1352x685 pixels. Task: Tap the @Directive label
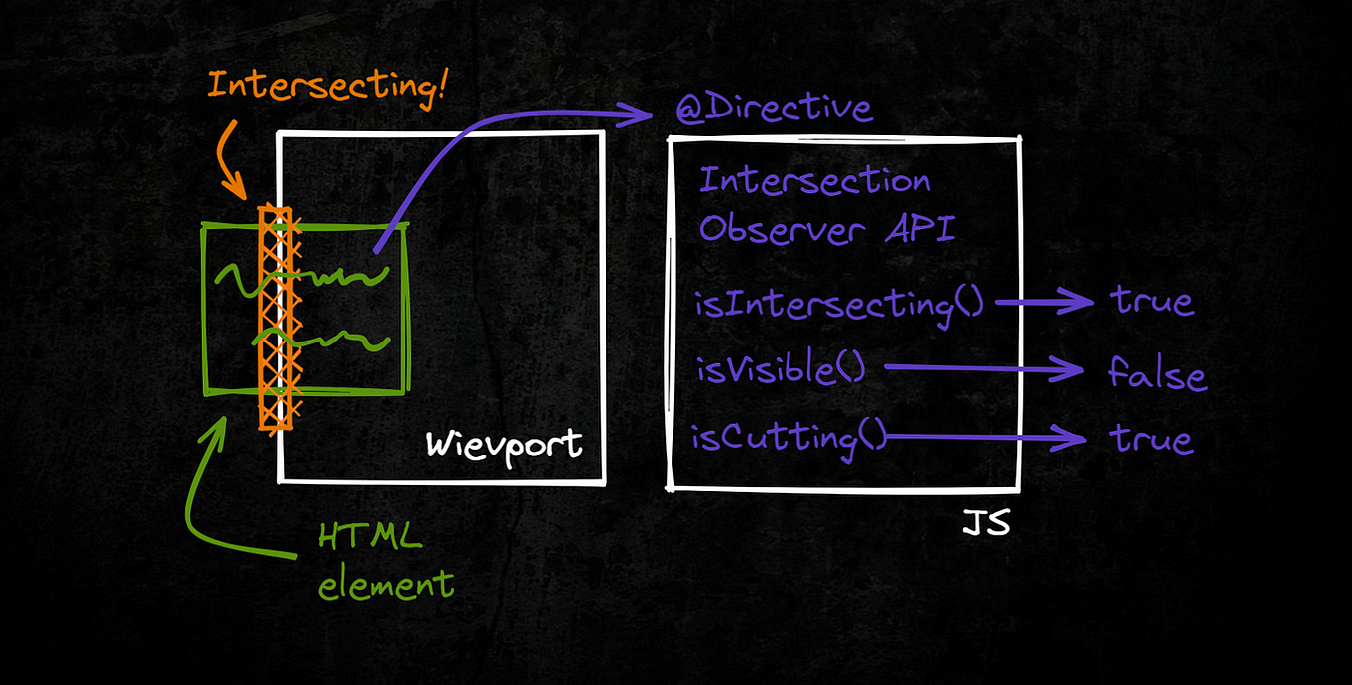[774, 109]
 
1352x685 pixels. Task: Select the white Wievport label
[504, 443]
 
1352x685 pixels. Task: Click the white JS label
[985, 523]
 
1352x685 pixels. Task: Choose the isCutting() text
[788, 437]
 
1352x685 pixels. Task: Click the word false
[1157, 375]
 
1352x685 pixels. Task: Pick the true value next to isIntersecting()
[1152, 301]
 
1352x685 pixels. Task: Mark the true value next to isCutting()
[1152, 439]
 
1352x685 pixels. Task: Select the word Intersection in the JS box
[814, 181]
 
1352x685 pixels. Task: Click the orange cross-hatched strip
[275, 319]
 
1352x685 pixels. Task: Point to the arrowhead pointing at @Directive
[652, 116]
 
